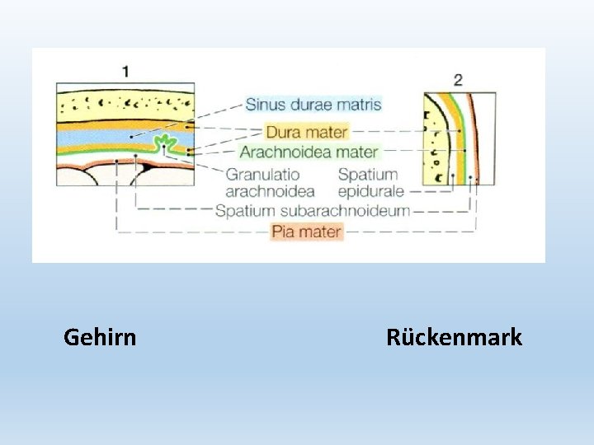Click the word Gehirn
click(x=100, y=337)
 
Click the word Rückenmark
click(x=454, y=337)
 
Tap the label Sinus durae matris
click(x=313, y=105)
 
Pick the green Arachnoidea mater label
click(x=309, y=152)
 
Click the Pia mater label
click(x=306, y=232)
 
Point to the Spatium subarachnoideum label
click(x=312, y=211)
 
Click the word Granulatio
click(x=263, y=175)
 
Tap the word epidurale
click(x=370, y=191)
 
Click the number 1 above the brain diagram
click(x=125, y=71)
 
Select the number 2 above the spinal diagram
click(x=458, y=80)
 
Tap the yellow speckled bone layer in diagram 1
click(x=124, y=103)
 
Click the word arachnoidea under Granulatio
click(x=271, y=191)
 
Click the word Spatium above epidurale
click(x=368, y=175)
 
